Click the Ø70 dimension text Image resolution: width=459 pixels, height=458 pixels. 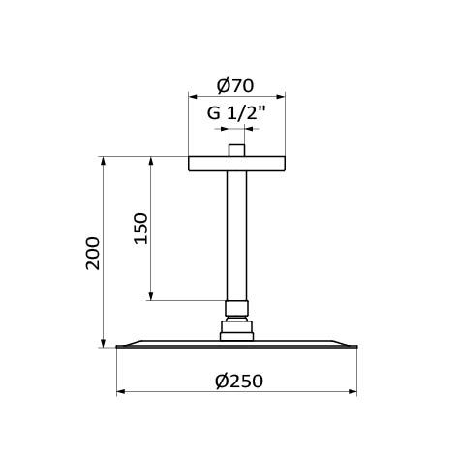click(236, 85)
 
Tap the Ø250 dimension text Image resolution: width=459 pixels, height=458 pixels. click(238, 381)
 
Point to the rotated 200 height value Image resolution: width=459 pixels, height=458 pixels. click(93, 253)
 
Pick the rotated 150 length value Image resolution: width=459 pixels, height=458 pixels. click(140, 229)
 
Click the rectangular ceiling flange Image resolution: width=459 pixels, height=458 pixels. click(236, 164)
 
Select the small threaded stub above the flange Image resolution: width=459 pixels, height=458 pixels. click(236, 151)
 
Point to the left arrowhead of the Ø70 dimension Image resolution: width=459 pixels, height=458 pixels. click(192, 97)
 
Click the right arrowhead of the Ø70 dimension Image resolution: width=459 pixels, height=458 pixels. click(281, 97)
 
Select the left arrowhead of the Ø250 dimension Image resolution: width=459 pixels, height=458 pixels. click(121, 392)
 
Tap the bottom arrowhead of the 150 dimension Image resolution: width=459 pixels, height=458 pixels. click(151, 295)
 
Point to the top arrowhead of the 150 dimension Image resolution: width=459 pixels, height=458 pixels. click(151, 161)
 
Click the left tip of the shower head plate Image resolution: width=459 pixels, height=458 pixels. click(118, 346)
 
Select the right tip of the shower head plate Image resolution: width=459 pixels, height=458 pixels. click(355, 346)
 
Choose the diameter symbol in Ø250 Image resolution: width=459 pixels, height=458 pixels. click(221, 381)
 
